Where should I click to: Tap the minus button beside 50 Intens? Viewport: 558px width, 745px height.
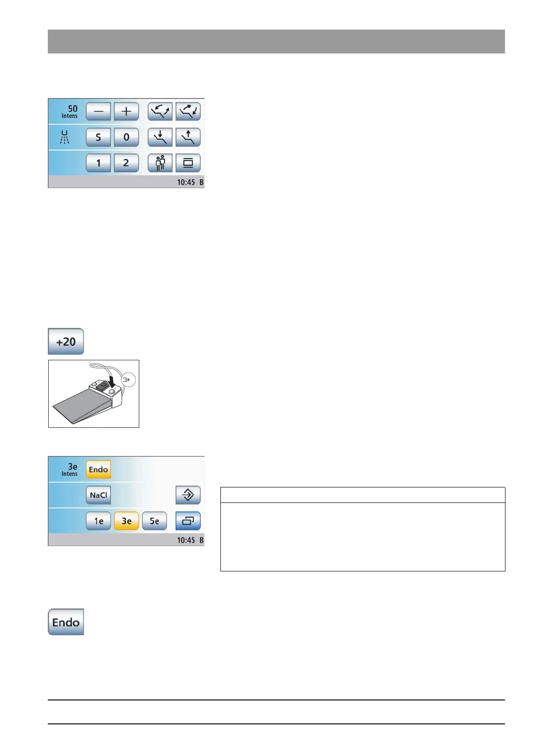pyautogui.click(x=98, y=112)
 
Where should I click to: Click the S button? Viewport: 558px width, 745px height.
pyautogui.click(x=98, y=137)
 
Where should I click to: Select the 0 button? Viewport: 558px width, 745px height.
pyautogui.click(x=126, y=137)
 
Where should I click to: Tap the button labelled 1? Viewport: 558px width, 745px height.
pyautogui.click(x=98, y=163)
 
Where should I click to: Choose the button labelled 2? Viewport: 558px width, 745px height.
pyautogui.click(x=126, y=163)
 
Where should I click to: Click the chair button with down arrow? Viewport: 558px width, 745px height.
pyautogui.click(x=160, y=137)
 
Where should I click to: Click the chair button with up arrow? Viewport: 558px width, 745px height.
pyautogui.click(x=188, y=137)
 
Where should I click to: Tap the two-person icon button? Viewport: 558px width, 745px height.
pyautogui.click(x=160, y=163)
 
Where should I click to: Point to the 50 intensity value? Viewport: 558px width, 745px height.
pyautogui.click(x=72, y=109)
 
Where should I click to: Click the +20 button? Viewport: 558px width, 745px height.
pyautogui.click(x=66, y=342)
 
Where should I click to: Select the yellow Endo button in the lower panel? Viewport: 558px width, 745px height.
pyautogui.click(x=98, y=469)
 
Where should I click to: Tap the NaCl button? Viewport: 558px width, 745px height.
pyautogui.click(x=98, y=495)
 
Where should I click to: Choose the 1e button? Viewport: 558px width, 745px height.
pyautogui.click(x=98, y=521)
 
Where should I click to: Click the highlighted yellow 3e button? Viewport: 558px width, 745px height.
pyautogui.click(x=126, y=521)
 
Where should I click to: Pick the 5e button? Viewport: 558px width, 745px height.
pyautogui.click(x=154, y=521)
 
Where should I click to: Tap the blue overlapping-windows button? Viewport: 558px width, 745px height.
pyautogui.click(x=188, y=521)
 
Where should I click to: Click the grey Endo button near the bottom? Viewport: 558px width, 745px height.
pyautogui.click(x=66, y=622)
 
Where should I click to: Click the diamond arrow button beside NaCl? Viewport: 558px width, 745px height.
pyautogui.click(x=188, y=495)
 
